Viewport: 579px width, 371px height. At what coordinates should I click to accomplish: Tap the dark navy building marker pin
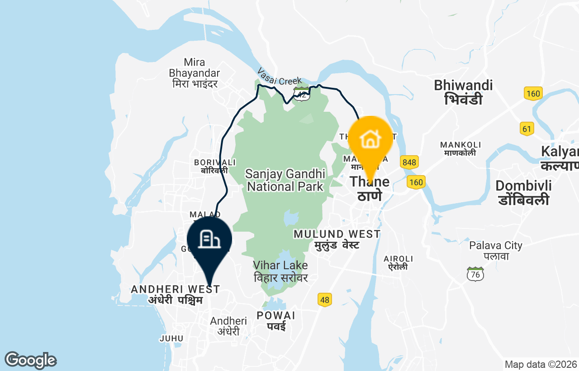[209, 240]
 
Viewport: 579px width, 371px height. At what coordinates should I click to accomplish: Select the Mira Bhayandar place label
[194, 73]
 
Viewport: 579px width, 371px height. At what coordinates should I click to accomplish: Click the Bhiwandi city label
[463, 92]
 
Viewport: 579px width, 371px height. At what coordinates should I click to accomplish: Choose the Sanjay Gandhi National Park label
[285, 180]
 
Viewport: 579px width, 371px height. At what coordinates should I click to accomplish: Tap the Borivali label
[215, 166]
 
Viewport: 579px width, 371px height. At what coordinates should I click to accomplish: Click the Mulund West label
[337, 239]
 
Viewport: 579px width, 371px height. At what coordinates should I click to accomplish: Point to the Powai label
[276, 320]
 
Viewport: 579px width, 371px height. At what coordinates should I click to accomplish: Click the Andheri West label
[176, 295]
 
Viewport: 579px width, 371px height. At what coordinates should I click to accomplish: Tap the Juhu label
[171, 338]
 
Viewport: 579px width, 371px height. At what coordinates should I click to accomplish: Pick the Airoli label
[398, 262]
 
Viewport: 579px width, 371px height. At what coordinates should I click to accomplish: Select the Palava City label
[496, 251]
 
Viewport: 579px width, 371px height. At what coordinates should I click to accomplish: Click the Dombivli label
[523, 192]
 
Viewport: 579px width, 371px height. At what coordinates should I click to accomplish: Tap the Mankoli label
[460, 149]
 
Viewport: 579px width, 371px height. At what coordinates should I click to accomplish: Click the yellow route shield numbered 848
[409, 162]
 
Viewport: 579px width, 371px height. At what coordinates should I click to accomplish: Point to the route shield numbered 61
[527, 128]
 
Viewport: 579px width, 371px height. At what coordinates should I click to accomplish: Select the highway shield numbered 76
[475, 274]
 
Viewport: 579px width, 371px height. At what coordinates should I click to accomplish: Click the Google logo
[30, 361]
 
